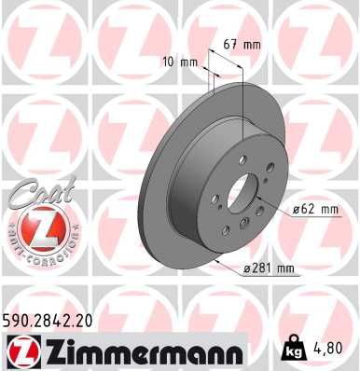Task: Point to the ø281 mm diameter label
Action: coord(268,269)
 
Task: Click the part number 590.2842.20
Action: coord(55,320)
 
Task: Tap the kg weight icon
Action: coord(292,351)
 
